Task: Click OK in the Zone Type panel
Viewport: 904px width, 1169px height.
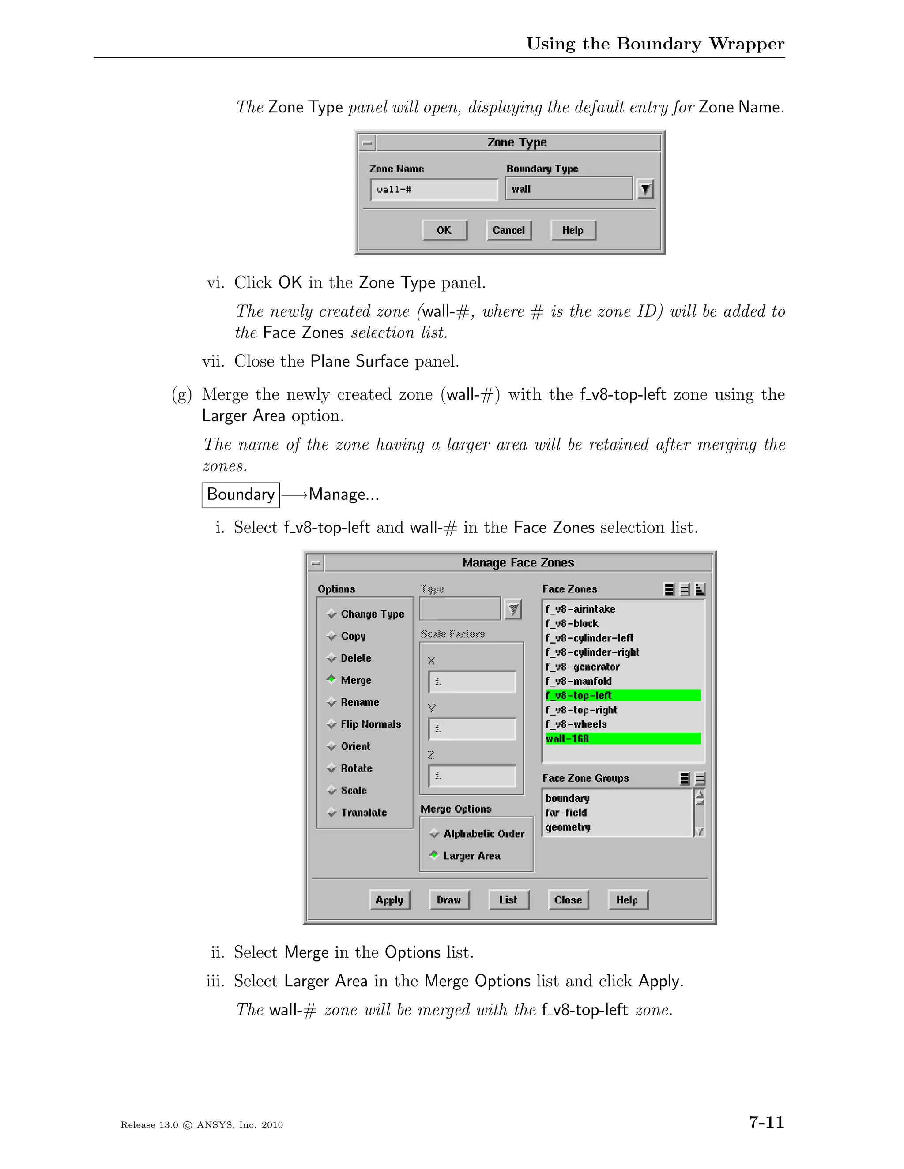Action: point(444,230)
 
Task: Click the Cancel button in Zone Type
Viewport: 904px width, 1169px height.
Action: point(508,230)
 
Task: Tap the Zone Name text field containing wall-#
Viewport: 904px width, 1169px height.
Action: point(434,190)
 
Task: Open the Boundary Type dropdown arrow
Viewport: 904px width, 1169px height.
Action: point(645,189)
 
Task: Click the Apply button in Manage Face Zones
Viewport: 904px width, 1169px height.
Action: point(389,900)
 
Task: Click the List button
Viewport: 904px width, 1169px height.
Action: point(508,900)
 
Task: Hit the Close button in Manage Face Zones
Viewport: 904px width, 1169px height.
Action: point(568,900)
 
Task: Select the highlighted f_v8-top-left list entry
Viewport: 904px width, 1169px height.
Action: point(622,695)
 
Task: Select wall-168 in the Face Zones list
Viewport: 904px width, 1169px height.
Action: point(622,738)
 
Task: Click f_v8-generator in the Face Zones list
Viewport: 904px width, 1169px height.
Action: point(583,667)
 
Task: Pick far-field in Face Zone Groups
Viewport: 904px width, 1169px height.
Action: point(566,813)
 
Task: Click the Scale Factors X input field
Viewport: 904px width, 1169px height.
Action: point(472,682)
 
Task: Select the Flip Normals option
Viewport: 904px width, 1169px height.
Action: point(371,724)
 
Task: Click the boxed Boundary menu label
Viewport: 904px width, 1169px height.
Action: point(241,494)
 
